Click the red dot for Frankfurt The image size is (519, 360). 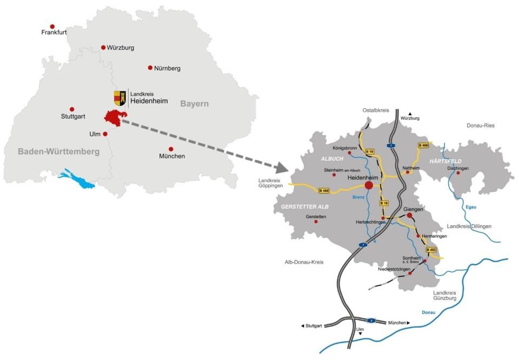coord(52,26)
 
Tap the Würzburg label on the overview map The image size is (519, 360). coord(119,48)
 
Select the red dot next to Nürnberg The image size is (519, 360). coord(150,68)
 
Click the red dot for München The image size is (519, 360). coord(171,149)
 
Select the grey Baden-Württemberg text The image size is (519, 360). coord(58,152)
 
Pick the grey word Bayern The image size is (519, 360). coord(194,103)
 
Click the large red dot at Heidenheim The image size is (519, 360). coord(369,185)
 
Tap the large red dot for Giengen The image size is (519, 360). coord(409,215)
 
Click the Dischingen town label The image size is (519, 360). coord(458,168)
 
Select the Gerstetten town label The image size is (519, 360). coord(316,216)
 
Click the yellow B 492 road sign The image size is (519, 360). coord(431,250)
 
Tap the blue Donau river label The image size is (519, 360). coord(428,312)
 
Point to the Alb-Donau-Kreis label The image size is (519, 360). coord(304,262)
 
